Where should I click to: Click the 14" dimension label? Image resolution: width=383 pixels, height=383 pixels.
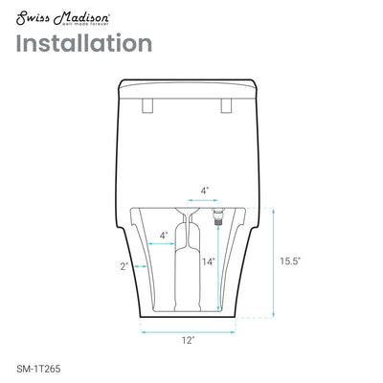coord(208,260)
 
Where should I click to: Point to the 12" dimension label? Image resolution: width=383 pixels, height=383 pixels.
coord(189,339)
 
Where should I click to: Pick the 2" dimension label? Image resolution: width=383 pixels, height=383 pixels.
coord(124,266)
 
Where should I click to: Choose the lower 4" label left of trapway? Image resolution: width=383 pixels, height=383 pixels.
coord(164,235)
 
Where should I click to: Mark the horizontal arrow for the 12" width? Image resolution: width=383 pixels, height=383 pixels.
coord(189,325)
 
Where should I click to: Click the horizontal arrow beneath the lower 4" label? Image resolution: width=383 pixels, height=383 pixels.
coord(166,245)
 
